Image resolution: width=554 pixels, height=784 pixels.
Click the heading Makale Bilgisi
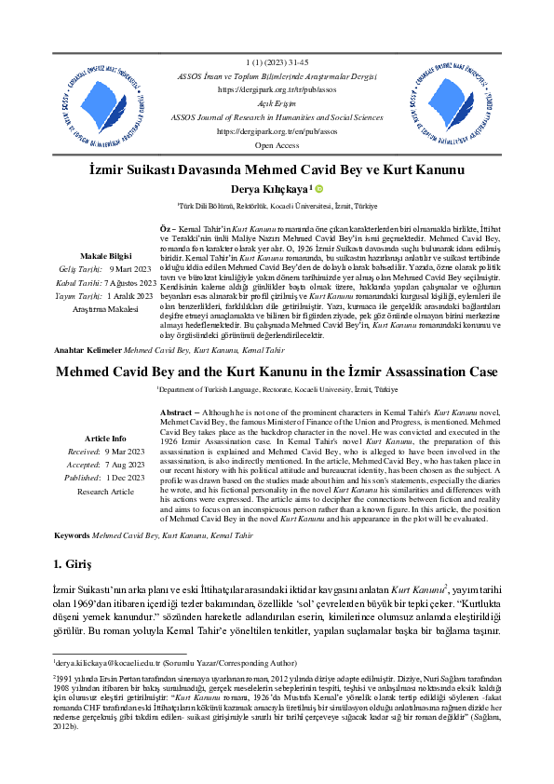tap(105, 255)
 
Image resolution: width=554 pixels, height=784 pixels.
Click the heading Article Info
tap(105, 438)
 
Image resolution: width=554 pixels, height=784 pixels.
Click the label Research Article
tap(105, 491)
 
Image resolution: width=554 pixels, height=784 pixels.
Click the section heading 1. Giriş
tap(73, 565)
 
